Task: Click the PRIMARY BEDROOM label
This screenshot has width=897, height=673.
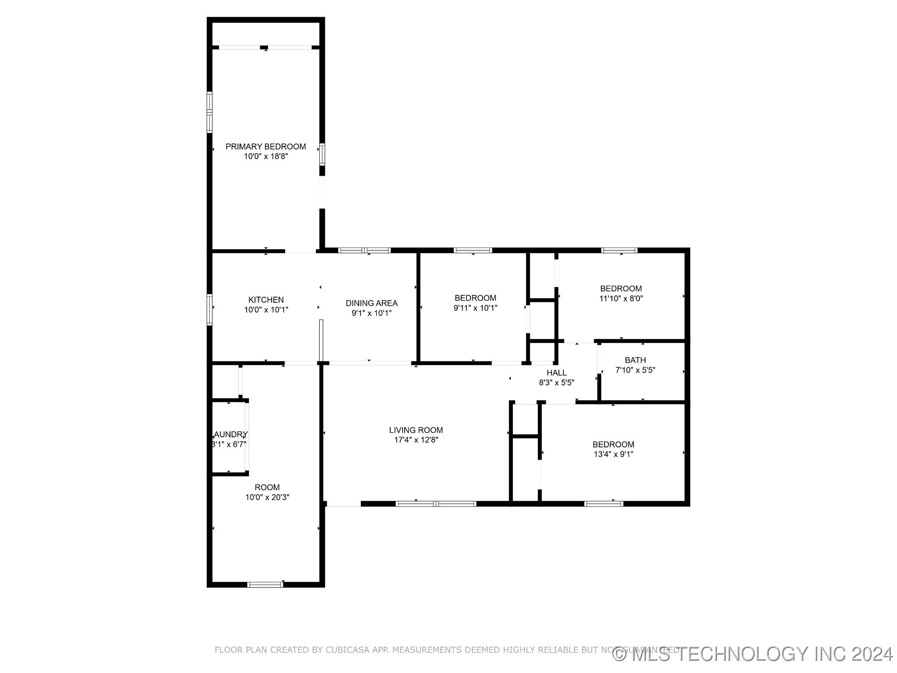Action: [x=265, y=146]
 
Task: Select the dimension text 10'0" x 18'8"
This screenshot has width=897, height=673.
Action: [x=265, y=156]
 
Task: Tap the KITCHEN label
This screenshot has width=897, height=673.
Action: [x=266, y=300]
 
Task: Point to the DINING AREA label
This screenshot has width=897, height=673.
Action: [x=371, y=303]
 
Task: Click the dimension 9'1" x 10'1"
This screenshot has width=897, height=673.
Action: [x=371, y=313]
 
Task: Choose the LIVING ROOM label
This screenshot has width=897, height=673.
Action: [x=416, y=430]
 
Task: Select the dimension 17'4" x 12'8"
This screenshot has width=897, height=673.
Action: [x=416, y=440]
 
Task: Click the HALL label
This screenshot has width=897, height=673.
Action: [x=556, y=372]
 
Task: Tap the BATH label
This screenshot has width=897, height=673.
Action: [x=635, y=360]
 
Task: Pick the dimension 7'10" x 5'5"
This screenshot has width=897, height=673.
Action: [x=635, y=370]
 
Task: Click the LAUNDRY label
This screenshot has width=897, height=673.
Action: [x=230, y=434]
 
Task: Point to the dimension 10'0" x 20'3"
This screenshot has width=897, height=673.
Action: [x=267, y=497]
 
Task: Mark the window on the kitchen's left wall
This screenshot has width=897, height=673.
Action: [x=210, y=309]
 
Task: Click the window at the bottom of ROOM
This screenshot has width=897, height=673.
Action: [x=265, y=584]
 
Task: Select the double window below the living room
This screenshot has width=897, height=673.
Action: [x=435, y=504]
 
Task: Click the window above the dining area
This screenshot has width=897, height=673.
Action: [x=364, y=251]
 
